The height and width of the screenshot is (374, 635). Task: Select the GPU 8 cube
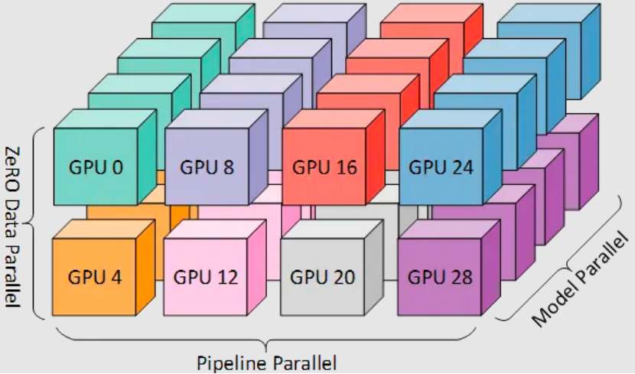pos(207,167)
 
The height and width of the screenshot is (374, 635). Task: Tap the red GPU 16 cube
pos(325,167)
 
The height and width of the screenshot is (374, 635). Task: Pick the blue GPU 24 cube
pos(441,167)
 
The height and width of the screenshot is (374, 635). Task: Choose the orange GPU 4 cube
pos(95,276)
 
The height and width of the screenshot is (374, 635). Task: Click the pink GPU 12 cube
pos(206,276)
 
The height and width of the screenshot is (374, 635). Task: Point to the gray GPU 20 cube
pos(322,276)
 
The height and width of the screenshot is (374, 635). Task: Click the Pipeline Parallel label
pos(266,362)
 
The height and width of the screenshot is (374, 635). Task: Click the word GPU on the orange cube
pos(83,276)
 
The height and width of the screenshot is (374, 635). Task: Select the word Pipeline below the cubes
pos(232,362)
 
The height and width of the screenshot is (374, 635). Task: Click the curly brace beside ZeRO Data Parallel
pos(33,222)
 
